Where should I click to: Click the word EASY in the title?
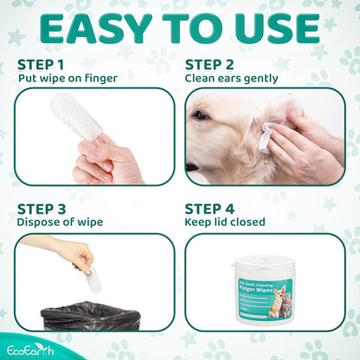click(x=94, y=29)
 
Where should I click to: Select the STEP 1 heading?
click(x=41, y=65)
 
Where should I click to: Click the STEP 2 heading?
click(x=209, y=65)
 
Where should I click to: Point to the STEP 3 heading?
click(x=42, y=209)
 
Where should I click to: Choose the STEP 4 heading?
click(x=209, y=209)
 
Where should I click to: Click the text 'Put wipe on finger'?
click(x=67, y=78)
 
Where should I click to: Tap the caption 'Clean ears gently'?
click(x=232, y=79)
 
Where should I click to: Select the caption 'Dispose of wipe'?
click(x=60, y=222)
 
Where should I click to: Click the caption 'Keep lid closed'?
click(x=225, y=222)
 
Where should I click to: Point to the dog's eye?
click(x=200, y=115)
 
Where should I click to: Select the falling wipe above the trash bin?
click(x=94, y=279)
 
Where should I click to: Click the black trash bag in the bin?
click(x=90, y=316)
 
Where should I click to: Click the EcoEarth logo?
click(x=30, y=350)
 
